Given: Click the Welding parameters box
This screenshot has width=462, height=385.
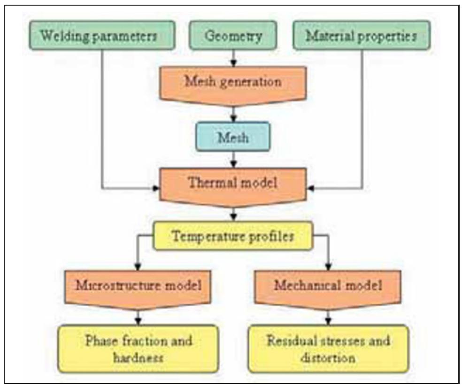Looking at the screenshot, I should point(101,36).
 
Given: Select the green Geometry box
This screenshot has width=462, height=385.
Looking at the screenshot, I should point(233,36).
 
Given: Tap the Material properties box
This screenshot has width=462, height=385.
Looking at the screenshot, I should point(361,36).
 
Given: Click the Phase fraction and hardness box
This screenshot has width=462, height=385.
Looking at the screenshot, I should point(139,348).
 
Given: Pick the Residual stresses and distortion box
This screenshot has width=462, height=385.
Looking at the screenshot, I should point(329,348).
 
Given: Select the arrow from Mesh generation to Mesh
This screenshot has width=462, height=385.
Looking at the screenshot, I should point(233,114).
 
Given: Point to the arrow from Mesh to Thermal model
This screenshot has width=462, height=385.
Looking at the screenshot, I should point(233,160).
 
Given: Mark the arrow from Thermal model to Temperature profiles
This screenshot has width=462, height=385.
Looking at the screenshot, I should point(233,214).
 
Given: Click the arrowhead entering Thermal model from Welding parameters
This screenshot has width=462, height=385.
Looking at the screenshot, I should point(157,189).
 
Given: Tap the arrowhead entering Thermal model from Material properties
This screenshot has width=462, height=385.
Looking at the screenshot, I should point(310,189).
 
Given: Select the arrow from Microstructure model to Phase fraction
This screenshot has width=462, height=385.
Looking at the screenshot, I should point(138,318).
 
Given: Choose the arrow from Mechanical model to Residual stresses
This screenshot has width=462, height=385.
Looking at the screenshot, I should point(329,318).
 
